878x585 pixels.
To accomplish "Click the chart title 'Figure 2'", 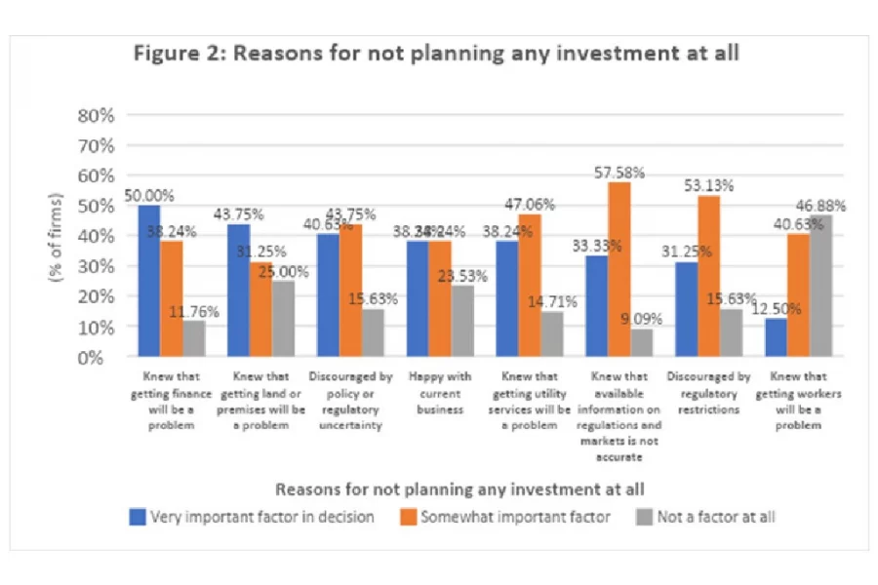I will click(436, 53).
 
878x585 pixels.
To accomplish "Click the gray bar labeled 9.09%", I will click(641, 342).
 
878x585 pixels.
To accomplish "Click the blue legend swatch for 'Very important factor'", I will click(137, 517).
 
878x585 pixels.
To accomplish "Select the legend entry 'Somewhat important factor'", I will click(514, 517).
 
